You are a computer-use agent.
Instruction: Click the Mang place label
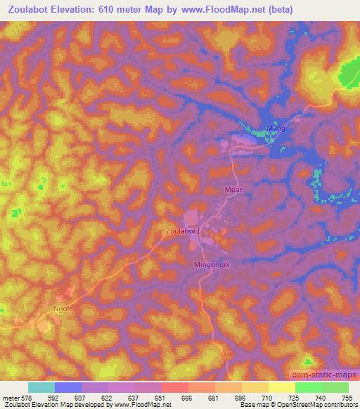(x=274, y=129)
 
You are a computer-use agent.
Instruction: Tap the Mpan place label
(x=233, y=190)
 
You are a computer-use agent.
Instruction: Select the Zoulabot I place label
(x=182, y=231)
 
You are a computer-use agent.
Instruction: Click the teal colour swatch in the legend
(x=41, y=387)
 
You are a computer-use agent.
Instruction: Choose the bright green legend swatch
(x=309, y=387)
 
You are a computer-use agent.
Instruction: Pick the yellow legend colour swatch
(x=281, y=387)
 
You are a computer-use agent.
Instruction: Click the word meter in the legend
(x=11, y=398)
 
